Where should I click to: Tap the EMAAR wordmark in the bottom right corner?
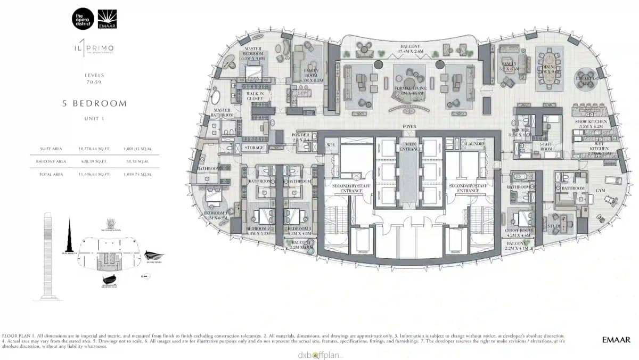[x=616, y=339]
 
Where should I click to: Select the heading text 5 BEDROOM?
[x=94, y=103]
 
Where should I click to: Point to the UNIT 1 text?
[x=94, y=119]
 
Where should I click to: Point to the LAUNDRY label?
[x=475, y=144]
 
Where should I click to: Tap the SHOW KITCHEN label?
[x=591, y=122]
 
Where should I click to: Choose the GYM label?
[x=600, y=190]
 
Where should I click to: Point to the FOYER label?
[x=409, y=127]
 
